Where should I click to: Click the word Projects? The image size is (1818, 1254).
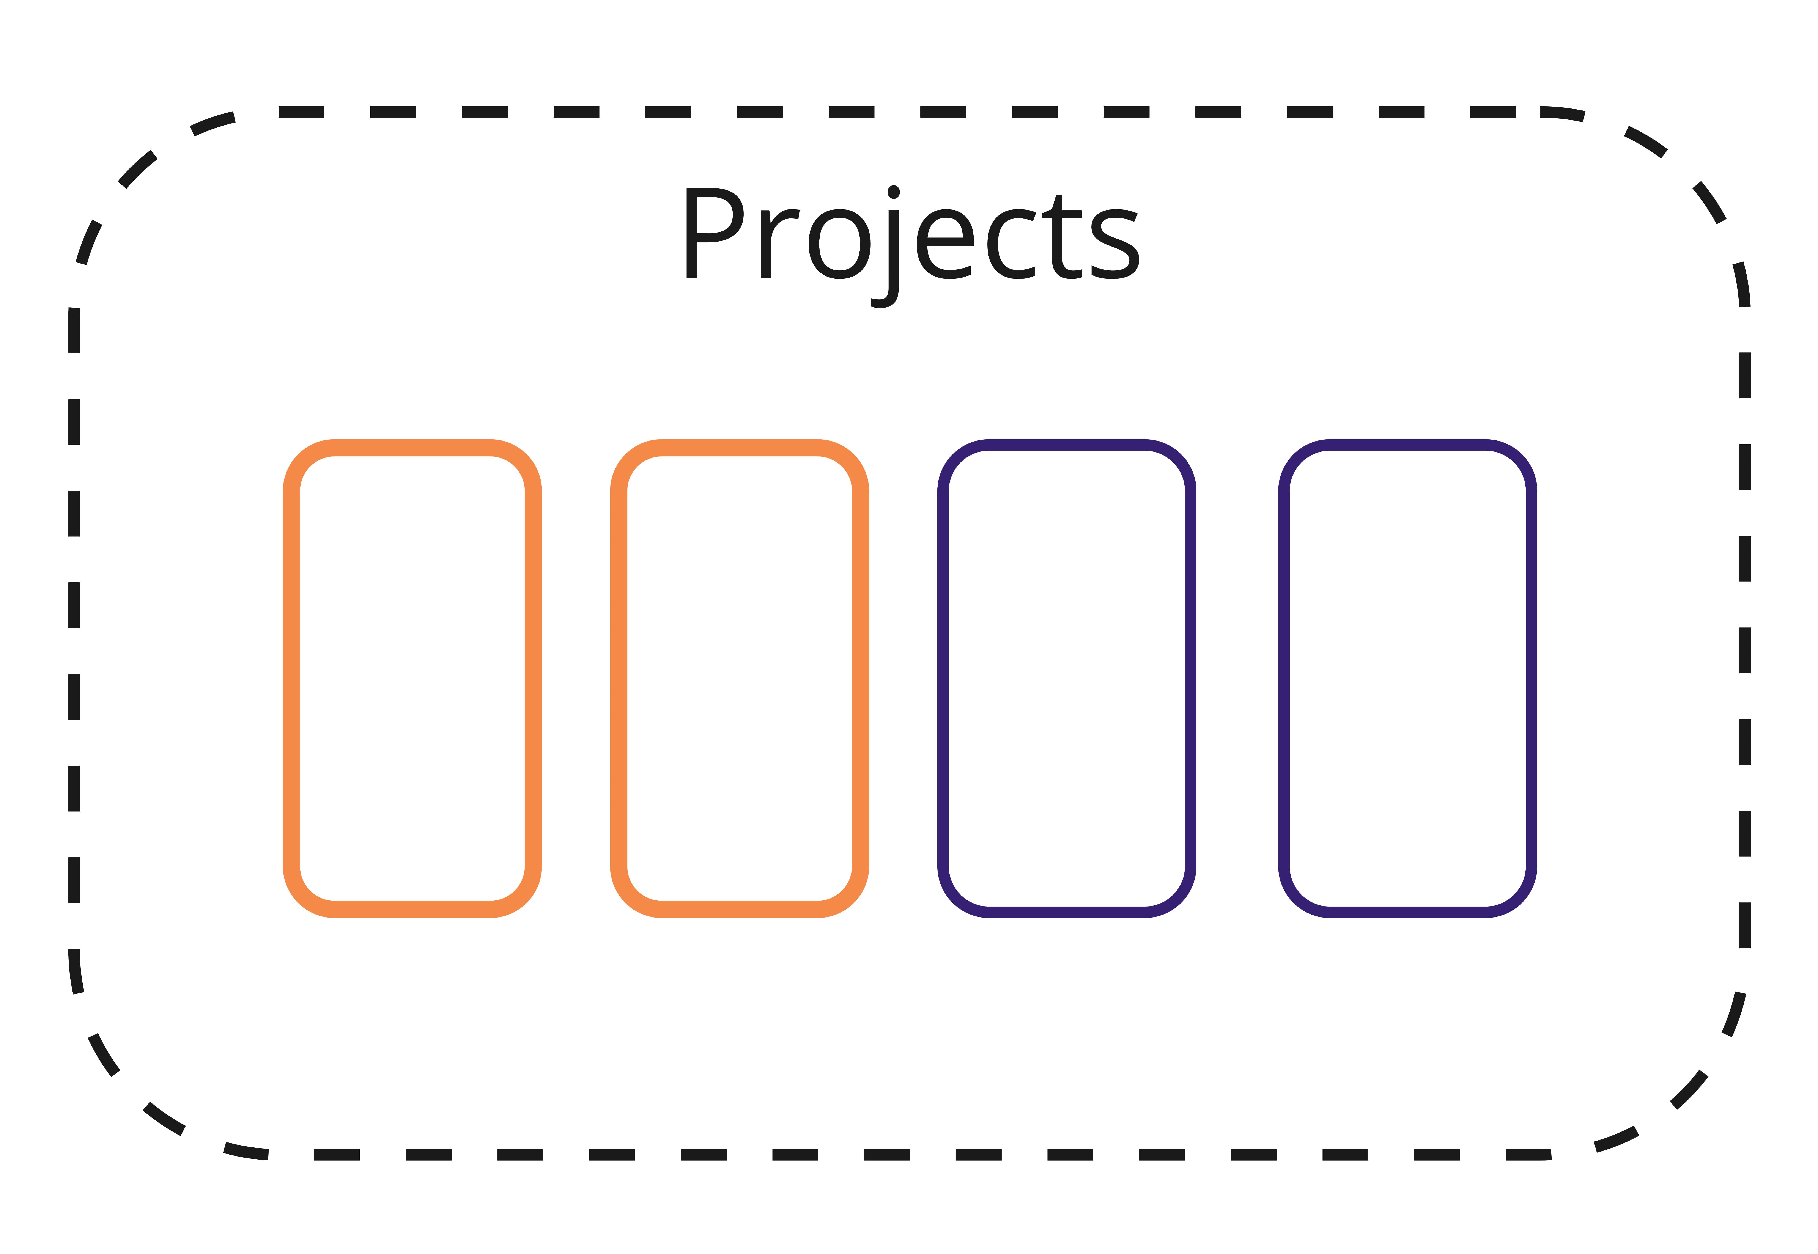911,236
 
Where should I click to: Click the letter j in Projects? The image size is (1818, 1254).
892,251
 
